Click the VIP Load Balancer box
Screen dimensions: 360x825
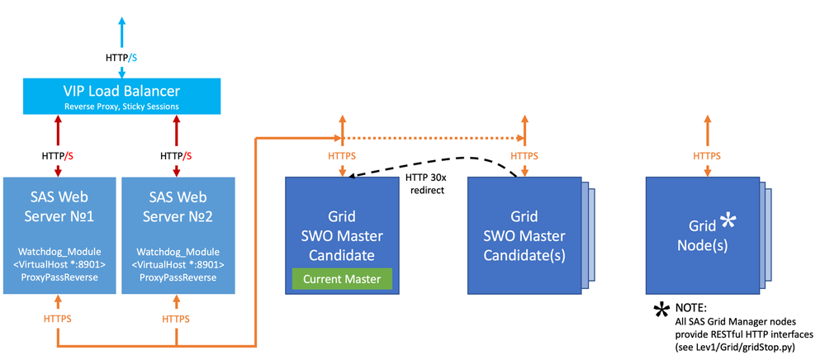tap(122, 95)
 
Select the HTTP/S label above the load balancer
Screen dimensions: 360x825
tap(122, 57)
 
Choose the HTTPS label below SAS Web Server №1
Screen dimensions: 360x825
tap(57, 318)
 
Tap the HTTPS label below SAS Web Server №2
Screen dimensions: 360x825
tap(175, 318)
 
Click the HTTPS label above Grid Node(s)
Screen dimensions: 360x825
tap(706, 155)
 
